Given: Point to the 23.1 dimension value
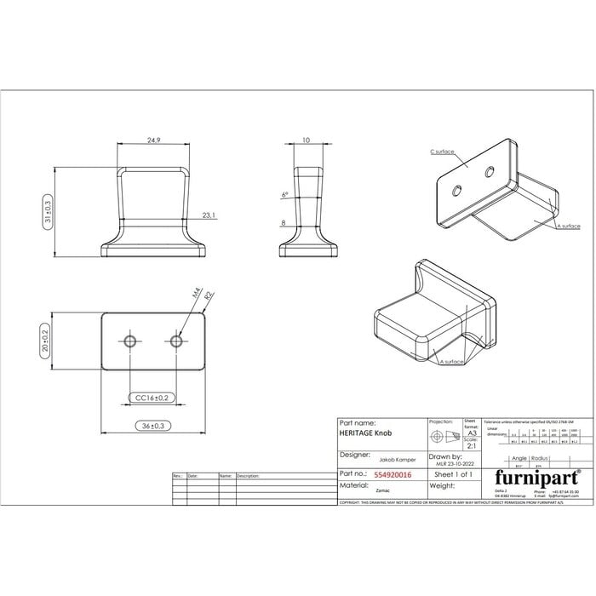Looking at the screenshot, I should pos(209,215).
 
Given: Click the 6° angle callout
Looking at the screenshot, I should pos(284,195).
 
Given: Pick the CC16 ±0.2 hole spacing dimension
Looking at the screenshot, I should pos(153,398).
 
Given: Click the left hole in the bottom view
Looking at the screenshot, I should pos(130,341).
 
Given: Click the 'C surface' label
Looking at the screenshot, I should pos(443,151).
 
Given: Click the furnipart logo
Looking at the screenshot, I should pos(536,475).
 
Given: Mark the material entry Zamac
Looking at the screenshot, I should pos(358,490).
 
